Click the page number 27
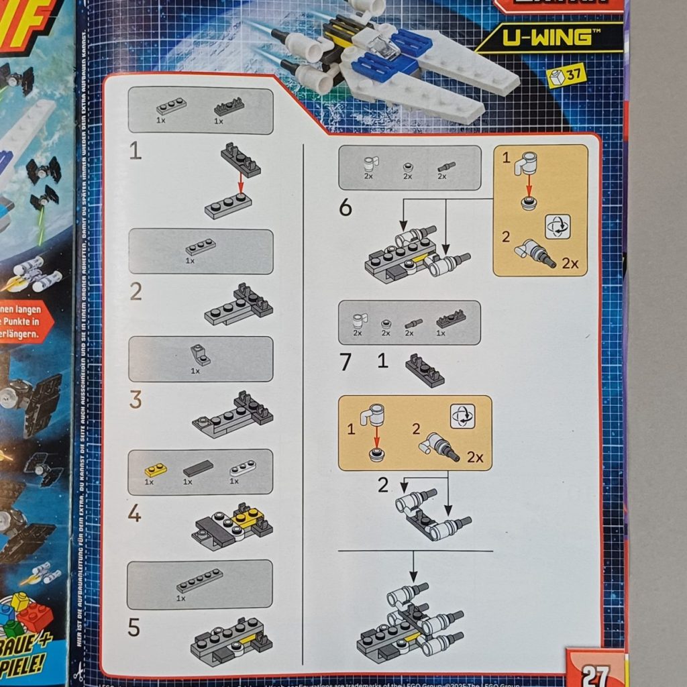[x=595, y=673]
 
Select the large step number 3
[x=136, y=400]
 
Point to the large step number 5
[x=134, y=628]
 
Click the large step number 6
[x=345, y=208]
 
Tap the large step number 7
[x=345, y=362]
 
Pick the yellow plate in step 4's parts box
[x=155, y=470]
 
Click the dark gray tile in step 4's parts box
[x=198, y=468]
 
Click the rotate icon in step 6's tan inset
[x=558, y=226]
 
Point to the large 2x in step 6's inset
[x=570, y=264]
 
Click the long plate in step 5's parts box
[x=199, y=580]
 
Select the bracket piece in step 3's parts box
[x=199, y=354]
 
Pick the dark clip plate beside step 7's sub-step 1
[x=425, y=372]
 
